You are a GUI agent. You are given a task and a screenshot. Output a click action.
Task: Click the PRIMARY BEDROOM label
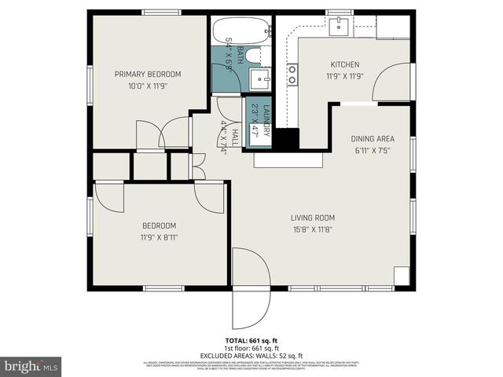point(148,74)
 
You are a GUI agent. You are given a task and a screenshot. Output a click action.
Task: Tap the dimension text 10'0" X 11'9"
point(148,86)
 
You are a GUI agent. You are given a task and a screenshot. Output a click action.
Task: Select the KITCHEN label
point(344,64)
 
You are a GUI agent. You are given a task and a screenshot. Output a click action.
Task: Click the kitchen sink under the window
point(339,26)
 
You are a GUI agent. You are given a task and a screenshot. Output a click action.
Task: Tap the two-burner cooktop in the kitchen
point(292,74)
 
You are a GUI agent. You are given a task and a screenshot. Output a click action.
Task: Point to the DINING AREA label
point(372,139)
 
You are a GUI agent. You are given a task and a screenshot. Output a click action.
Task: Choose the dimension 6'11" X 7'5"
point(372,151)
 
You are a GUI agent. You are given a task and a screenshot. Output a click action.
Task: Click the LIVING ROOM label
point(313,218)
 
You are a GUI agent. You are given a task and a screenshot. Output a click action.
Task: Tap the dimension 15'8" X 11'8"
point(313,230)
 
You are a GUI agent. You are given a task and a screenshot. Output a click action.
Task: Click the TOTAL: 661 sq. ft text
point(251,341)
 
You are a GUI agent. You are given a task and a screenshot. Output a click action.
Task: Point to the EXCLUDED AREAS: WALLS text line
point(251,355)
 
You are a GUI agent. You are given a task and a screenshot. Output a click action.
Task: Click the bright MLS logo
point(31,366)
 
